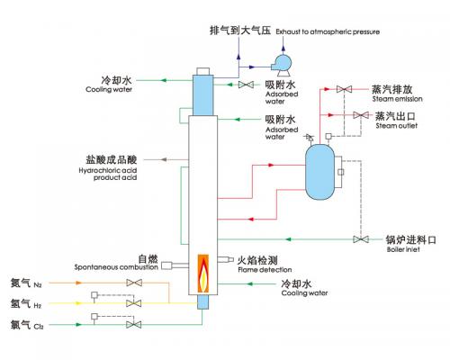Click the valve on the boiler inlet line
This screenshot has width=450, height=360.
click(361, 239)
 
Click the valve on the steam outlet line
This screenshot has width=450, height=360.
click(359, 114)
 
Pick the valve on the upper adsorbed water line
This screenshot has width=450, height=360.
click(245, 85)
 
